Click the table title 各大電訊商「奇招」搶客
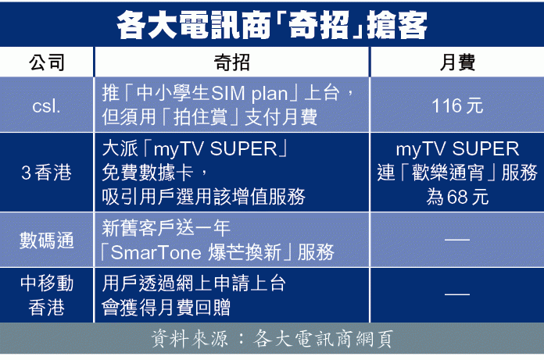click(272, 25)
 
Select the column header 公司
click(46, 62)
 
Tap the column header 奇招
click(231, 62)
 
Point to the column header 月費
click(457, 62)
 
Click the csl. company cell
click(46, 105)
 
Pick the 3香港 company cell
click(46, 173)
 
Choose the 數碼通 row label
click(46, 240)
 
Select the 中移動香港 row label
click(46, 295)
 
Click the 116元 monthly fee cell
click(457, 105)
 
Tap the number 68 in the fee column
click(456, 197)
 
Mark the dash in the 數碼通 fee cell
click(457, 240)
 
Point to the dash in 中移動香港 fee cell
click(457, 294)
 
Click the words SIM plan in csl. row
click(249, 94)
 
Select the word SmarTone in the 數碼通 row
click(156, 252)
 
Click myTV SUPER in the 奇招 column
click(215, 149)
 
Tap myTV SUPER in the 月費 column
click(457, 149)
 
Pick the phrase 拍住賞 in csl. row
click(200, 117)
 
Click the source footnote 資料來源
click(189, 338)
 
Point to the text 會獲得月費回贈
click(166, 308)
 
